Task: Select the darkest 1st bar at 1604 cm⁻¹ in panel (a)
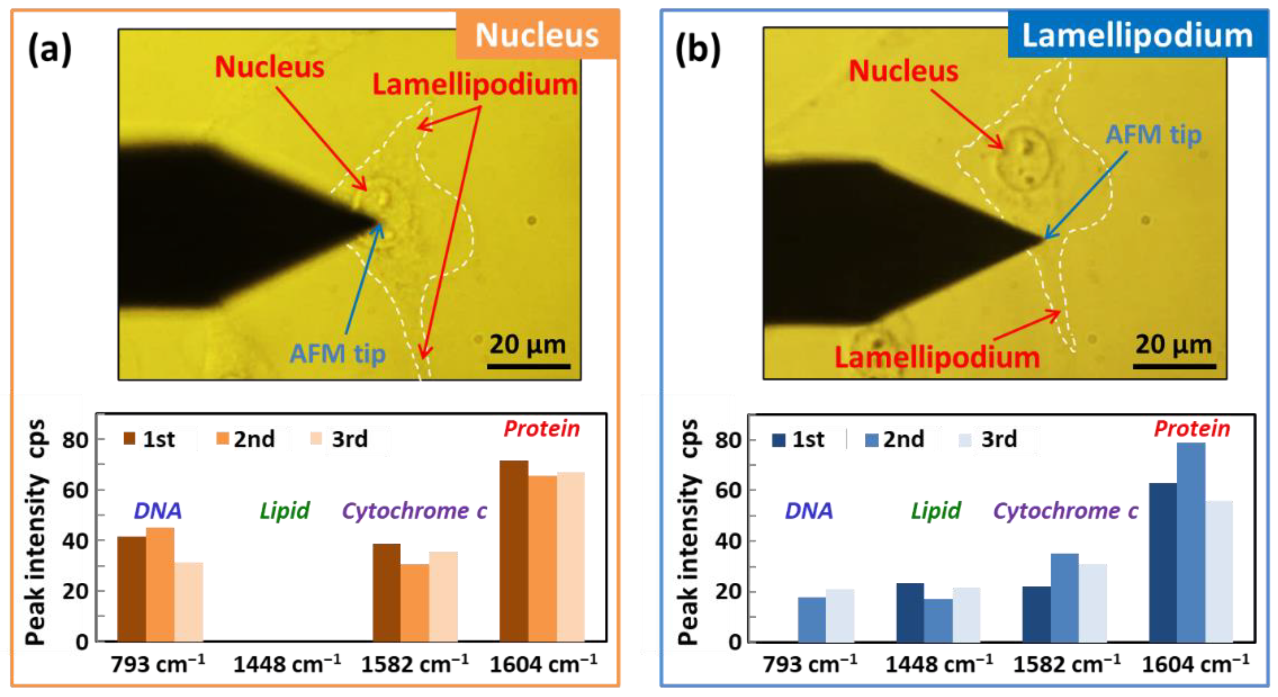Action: pyautogui.click(x=514, y=550)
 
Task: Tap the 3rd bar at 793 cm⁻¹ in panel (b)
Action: pyautogui.click(x=840, y=616)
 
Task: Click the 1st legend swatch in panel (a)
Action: pyautogui.click(x=129, y=439)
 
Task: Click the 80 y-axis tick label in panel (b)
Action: pyautogui.click(x=728, y=440)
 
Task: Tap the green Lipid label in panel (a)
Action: pyautogui.click(x=285, y=510)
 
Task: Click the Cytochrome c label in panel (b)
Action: pyautogui.click(x=1066, y=510)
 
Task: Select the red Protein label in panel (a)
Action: pyautogui.click(x=542, y=429)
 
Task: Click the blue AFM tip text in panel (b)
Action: pyautogui.click(x=1154, y=135)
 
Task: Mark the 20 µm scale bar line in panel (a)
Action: pyautogui.click(x=528, y=367)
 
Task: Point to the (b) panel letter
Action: pyautogui.click(x=697, y=50)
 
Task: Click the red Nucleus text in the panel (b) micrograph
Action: pyautogui.click(x=903, y=70)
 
